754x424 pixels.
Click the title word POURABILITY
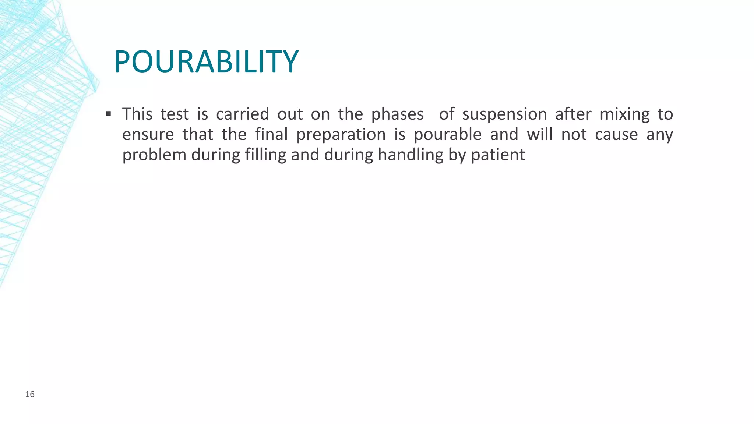pos(206,61)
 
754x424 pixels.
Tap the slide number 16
pos(30,395)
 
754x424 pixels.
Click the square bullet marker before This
pos(108,113)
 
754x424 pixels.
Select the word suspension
pos(504,114)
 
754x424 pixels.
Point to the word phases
pos(397,114)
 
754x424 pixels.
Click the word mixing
pos(624,114)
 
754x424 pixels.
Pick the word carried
pos(242,114)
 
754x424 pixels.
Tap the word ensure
pos(148,135)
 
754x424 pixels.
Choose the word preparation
pos(341,135)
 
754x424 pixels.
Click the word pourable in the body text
pos(447,135)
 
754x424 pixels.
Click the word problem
pos(154,155)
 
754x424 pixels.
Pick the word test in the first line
pos(175,114)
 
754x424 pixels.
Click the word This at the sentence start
pos(137,114)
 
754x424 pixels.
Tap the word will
pos(539,135)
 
